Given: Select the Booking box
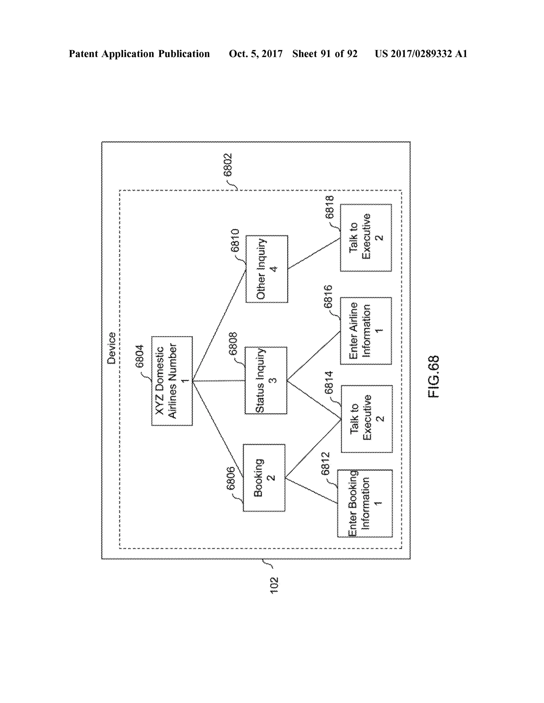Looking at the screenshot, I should click(264, 478).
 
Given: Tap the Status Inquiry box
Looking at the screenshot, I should click(266, 380).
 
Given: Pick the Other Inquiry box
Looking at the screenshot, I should click(266, 269).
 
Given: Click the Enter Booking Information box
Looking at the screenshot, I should click(364, 503).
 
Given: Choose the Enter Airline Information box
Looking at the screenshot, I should click(365, 331).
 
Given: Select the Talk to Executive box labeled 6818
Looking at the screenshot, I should click(365, 237).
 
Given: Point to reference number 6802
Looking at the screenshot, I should click(228, 165).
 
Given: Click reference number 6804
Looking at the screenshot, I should click(139, 356).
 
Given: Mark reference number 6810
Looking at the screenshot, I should click(235, 240).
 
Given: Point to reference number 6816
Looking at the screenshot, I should click(328, 297).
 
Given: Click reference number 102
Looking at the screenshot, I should click(274, 585).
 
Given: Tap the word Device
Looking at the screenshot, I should click(112, 348).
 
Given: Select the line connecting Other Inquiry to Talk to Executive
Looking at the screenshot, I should click(314, 254).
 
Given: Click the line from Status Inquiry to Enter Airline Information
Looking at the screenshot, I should click(313, 356).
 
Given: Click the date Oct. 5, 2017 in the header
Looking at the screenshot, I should click(256, 54).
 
